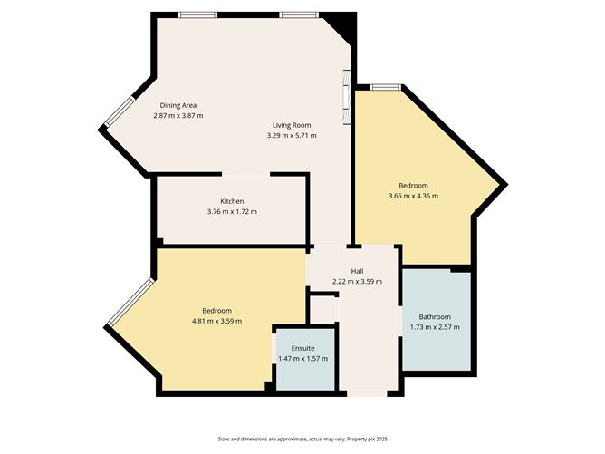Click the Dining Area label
(x=178, y=105)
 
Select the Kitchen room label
(x=232, y=201)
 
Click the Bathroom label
(x=428, y=316)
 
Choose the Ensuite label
(x=303, y=348)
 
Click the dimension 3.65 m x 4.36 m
(x=413, y=196)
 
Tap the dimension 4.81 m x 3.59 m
(x=216, y=321)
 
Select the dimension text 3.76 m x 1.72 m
(x=232, y=212)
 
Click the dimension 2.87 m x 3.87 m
(x=178, y=116)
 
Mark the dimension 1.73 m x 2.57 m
(x=428, y=327)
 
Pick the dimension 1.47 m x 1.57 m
(x=303, y=359)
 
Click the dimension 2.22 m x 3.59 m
(x=358, y=282)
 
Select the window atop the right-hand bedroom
(x=385, y=86)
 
